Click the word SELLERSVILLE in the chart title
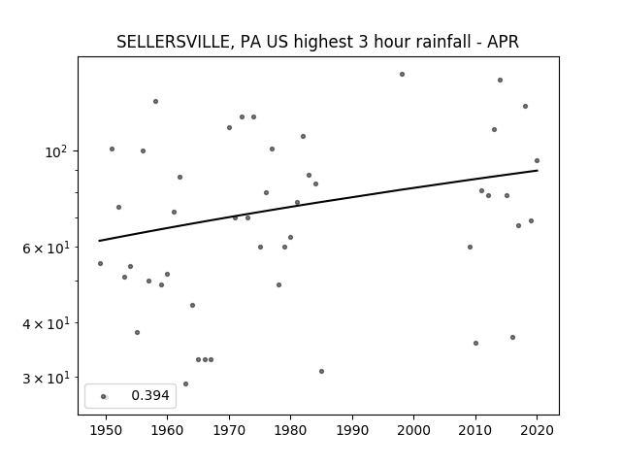(173, 42)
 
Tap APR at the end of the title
(503, 42)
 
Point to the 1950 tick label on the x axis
(106, 430)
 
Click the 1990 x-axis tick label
(352, 430)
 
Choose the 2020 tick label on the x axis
(537, 430)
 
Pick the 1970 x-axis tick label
(229, 430)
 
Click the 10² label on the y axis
(57, 151)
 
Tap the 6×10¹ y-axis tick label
(46, 248)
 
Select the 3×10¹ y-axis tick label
(46, 378)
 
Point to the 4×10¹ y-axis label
(46, 323)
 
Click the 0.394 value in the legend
(150, 395)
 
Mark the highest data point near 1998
(402, 74)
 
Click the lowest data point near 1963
(185, 384)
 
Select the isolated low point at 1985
(321, 371)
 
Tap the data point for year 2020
(537, 160)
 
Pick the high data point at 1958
(155, 101)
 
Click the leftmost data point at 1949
(100, 263)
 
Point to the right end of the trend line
(538, 171)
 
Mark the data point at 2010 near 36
(475, 343)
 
